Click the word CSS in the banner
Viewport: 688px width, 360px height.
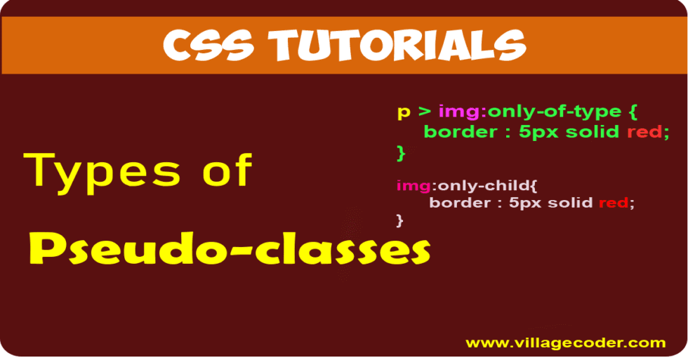coord(209,45)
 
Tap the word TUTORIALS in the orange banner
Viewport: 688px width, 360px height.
coord(397,45)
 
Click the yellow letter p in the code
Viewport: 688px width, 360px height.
coord(404,113)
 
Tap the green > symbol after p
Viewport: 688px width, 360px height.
coord(424,112)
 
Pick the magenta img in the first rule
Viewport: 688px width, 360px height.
coord(458,112)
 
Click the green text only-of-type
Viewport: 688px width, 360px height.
coord(555,112)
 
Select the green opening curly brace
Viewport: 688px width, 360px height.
coord(633,112)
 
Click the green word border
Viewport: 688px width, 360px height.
coord(461,131)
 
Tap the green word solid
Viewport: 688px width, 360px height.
coord(593,131)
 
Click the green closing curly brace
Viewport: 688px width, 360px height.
coord(401,153)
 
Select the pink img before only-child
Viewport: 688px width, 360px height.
coord(414,187)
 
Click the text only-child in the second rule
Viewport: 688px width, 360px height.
coord(484,185)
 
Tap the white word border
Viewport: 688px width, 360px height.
coord(460,203)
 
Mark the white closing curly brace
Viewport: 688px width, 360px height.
coord(399,220)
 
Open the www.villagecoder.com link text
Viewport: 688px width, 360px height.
coord(566,343)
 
